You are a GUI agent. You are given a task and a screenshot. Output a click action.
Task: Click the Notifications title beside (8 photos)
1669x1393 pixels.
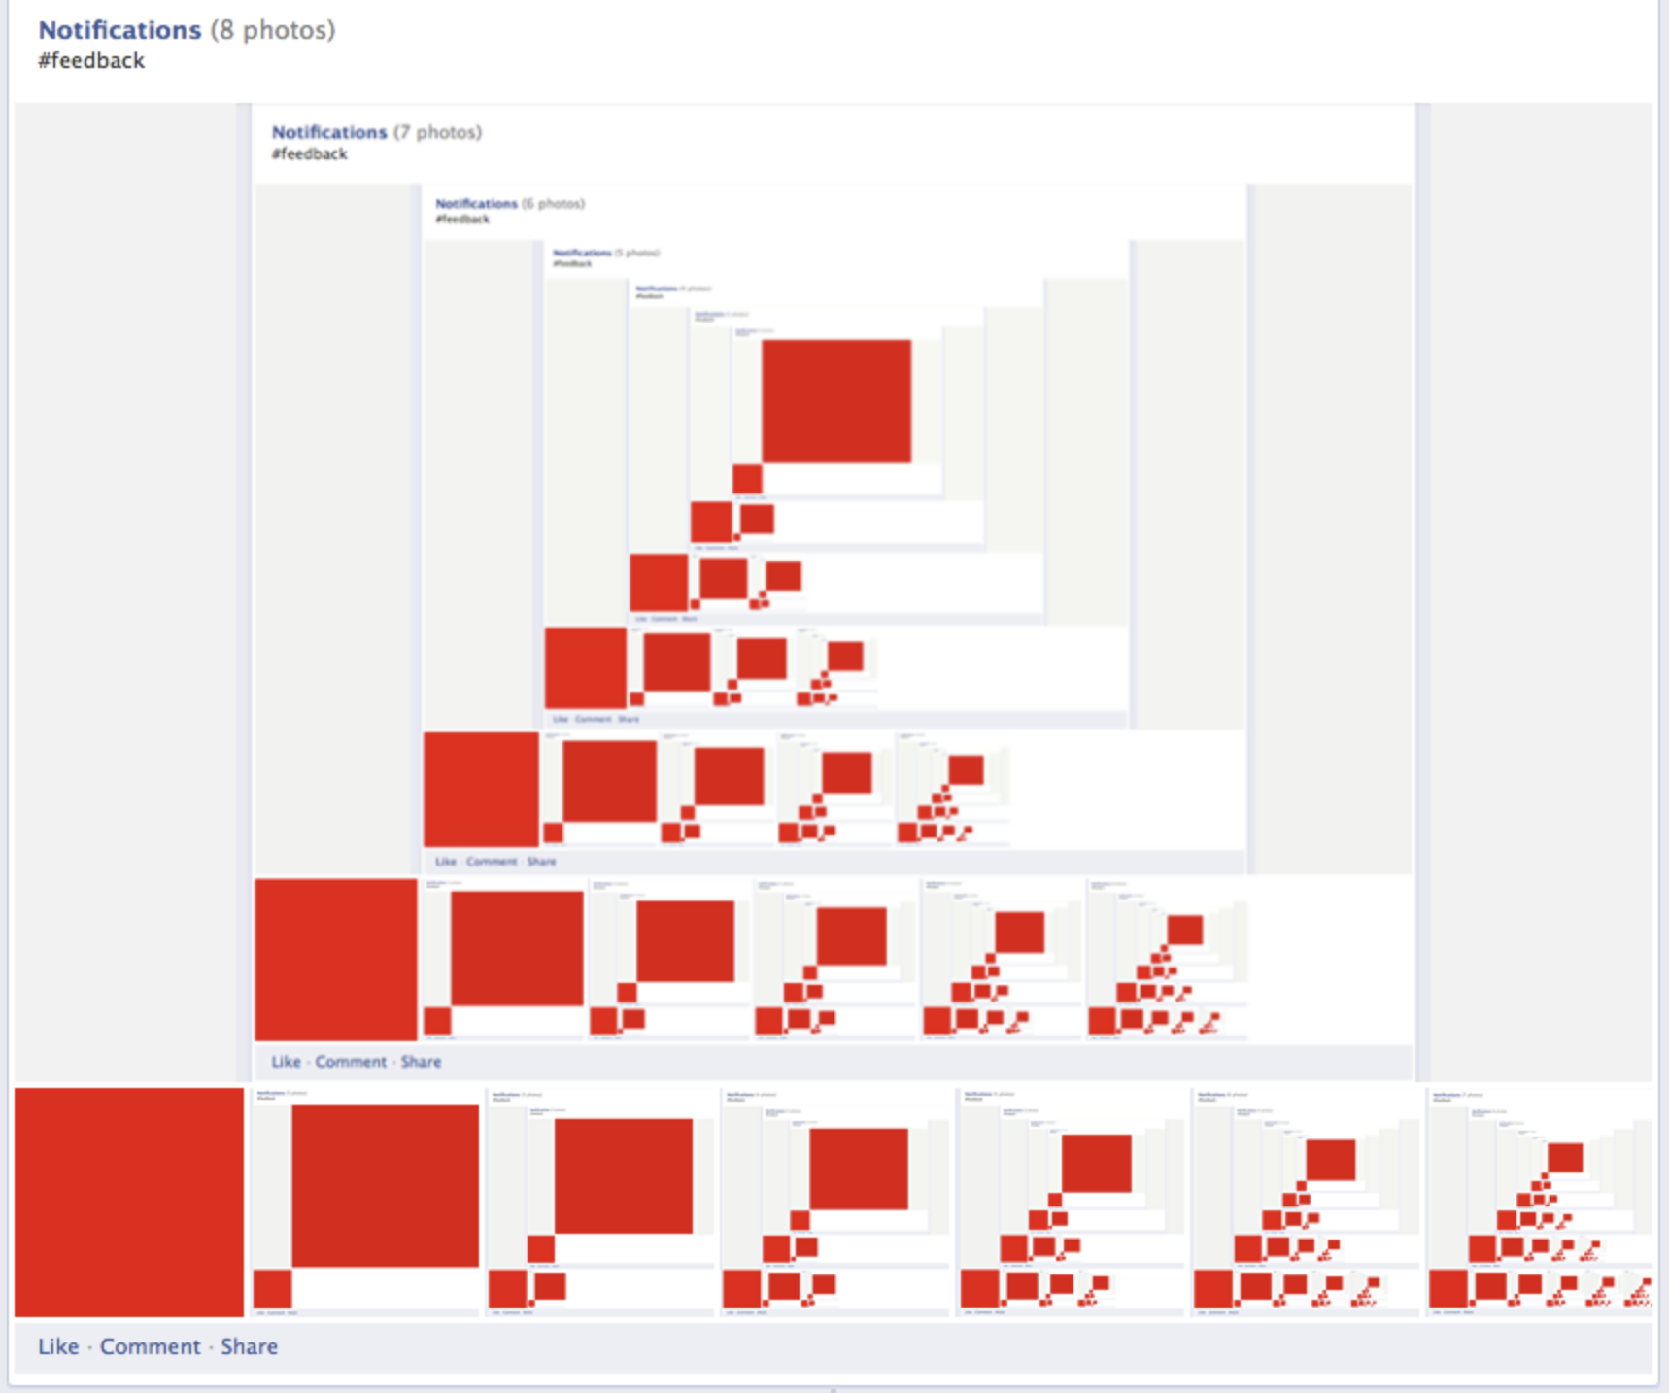[119, 30]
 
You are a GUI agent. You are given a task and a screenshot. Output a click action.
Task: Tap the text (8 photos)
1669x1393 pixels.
[273, 30]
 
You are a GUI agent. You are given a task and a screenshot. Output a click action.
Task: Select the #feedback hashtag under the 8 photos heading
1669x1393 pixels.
[91, 61]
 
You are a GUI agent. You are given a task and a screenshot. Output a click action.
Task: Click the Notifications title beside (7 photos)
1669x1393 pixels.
[329, 132]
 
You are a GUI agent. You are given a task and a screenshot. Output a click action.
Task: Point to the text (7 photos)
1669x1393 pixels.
[437, 132]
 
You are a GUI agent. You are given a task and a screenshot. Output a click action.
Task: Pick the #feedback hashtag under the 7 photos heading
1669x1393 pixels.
[309, 154]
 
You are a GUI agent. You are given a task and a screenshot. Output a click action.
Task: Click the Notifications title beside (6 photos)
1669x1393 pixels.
[476, 204]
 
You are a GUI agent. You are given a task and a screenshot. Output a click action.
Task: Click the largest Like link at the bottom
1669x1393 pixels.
[58, 1346]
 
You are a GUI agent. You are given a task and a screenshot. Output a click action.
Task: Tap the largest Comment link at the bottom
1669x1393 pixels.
[150, 1346]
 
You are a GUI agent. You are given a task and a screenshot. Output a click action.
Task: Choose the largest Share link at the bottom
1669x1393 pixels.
[249, 1346]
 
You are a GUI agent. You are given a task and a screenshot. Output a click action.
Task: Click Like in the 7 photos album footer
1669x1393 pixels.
[286, 1062]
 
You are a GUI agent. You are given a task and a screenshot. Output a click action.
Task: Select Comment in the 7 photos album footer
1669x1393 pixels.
[351, 1062]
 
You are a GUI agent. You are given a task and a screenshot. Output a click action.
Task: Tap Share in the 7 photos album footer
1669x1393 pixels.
[421, 1062]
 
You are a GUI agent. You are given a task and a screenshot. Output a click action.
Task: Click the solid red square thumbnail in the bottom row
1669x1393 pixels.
[129, 1202]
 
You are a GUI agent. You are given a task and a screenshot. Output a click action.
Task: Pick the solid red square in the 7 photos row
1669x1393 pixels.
[336, 960]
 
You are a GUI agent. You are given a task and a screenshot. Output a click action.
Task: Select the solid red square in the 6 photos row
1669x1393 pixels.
[481, 790]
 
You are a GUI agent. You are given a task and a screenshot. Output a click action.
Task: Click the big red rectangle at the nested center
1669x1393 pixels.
[836, 401]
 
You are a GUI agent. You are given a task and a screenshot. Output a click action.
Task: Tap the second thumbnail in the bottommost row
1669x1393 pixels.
[366, 1202]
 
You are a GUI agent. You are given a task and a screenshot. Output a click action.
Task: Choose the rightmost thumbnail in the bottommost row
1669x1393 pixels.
[1540, 1202]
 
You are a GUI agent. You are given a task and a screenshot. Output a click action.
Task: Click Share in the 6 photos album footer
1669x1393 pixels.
[541, 862]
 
